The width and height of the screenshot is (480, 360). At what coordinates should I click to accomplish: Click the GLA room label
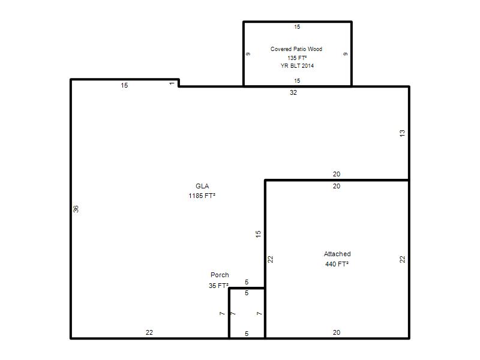[x=202, y=186]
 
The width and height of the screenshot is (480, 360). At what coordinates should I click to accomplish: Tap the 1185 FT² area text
[x=202, y=196]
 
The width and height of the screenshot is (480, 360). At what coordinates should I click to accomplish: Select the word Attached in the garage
[x=337, y=254]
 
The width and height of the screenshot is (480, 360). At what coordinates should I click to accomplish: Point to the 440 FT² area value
[x=337, y=264]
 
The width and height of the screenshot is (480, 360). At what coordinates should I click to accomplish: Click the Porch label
[x=220, y=275]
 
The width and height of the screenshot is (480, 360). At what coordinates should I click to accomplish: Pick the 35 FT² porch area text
[x=218, y=286]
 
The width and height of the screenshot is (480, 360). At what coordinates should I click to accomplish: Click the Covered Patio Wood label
[x=296, y=49]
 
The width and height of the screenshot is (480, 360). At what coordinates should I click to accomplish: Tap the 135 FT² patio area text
[x=297, y=58]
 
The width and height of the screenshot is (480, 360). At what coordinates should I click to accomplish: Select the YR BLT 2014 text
[x=297, y=66]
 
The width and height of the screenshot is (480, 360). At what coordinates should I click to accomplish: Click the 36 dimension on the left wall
[x=76, y=209]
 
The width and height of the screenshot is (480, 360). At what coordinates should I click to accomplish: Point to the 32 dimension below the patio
[x=293, y=92]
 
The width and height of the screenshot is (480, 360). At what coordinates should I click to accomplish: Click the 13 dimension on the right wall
[x=402, y=133]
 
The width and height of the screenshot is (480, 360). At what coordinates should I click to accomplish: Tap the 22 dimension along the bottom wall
[x=149, y=332]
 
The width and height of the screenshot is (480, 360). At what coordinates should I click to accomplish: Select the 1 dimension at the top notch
[x=172, y=83]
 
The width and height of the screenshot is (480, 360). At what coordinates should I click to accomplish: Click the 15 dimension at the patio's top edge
[x=297, y=27]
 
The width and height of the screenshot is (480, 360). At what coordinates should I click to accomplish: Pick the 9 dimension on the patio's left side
[x=248, y=54]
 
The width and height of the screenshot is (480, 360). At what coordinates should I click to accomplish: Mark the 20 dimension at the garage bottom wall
[x=337, y=332]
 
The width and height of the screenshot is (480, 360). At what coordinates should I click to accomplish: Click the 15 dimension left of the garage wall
[x=259, y=234]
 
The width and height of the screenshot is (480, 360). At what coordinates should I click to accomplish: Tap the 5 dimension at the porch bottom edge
[x=247, y=334]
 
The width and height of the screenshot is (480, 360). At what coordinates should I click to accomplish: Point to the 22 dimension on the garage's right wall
[x=402, y=259]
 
